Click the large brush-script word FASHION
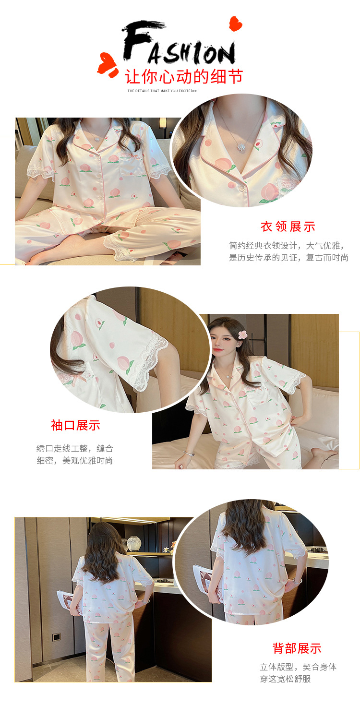[179, 44]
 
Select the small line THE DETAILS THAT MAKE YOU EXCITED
[162, 91]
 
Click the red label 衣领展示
[288, 227]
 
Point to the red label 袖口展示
[75, 425]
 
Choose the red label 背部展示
[297, 648]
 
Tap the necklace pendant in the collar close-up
[240, 146]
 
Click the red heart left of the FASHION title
[108, 65]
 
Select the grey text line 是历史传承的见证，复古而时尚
[288, 258]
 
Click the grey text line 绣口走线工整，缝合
[75, 449]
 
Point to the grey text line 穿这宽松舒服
[286, 679]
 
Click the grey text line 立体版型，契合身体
[298, 667]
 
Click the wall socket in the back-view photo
[56, 637]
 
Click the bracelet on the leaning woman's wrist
[189, 453]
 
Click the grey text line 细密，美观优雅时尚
[75, 461]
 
